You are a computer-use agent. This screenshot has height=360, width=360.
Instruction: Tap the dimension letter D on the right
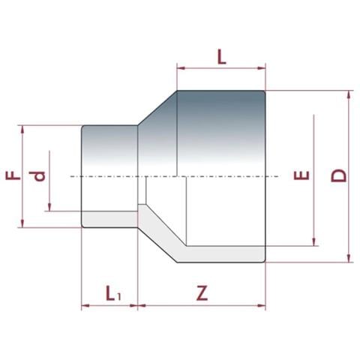click(340, 176)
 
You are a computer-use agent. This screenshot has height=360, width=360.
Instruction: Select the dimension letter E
click(301, 178)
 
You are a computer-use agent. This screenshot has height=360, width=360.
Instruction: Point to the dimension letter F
click(13, 175)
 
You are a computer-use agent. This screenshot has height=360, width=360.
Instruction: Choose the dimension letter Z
click(201, 293)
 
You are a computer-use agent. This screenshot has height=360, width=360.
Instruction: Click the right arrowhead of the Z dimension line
click(262, 305)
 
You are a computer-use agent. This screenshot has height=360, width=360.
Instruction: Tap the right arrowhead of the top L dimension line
click(262, 67)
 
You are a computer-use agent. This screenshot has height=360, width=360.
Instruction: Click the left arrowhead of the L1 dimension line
click(85, 305)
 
